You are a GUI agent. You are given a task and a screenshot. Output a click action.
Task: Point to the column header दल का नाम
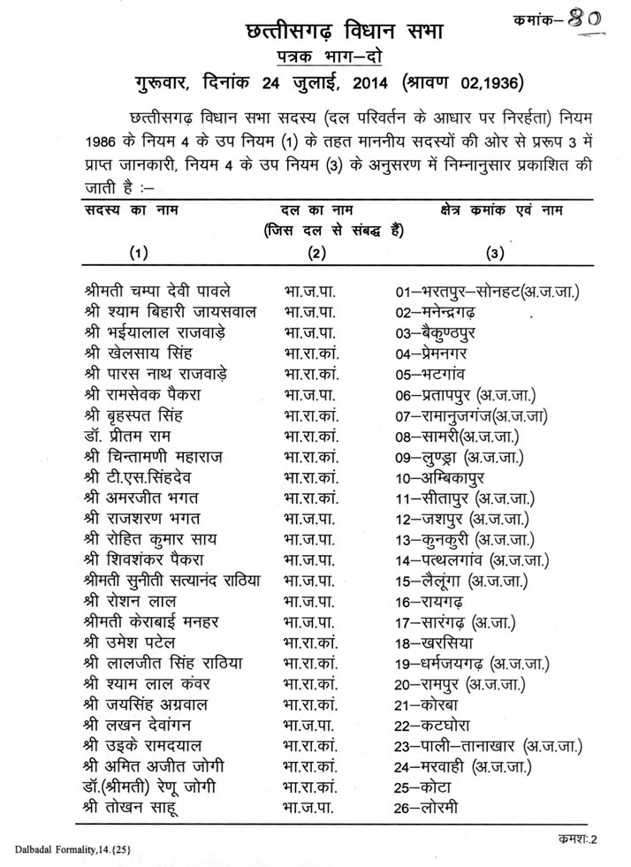coord(317,209)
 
